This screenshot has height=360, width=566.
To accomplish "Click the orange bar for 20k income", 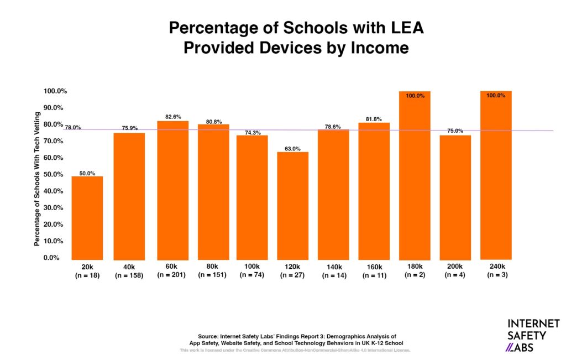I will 87,218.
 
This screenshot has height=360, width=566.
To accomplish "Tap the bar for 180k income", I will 415,176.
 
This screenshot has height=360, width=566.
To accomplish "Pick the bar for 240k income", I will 496,175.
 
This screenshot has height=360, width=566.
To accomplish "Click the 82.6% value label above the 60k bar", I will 173,117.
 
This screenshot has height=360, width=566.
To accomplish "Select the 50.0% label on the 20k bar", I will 87,173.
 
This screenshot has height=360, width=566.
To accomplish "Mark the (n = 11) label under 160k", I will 374,275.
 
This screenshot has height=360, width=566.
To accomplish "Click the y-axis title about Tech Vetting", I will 38,179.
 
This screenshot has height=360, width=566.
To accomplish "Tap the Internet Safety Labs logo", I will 533,335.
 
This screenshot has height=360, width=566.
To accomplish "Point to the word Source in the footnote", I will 208,336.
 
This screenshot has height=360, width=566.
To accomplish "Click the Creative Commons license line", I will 295,351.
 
